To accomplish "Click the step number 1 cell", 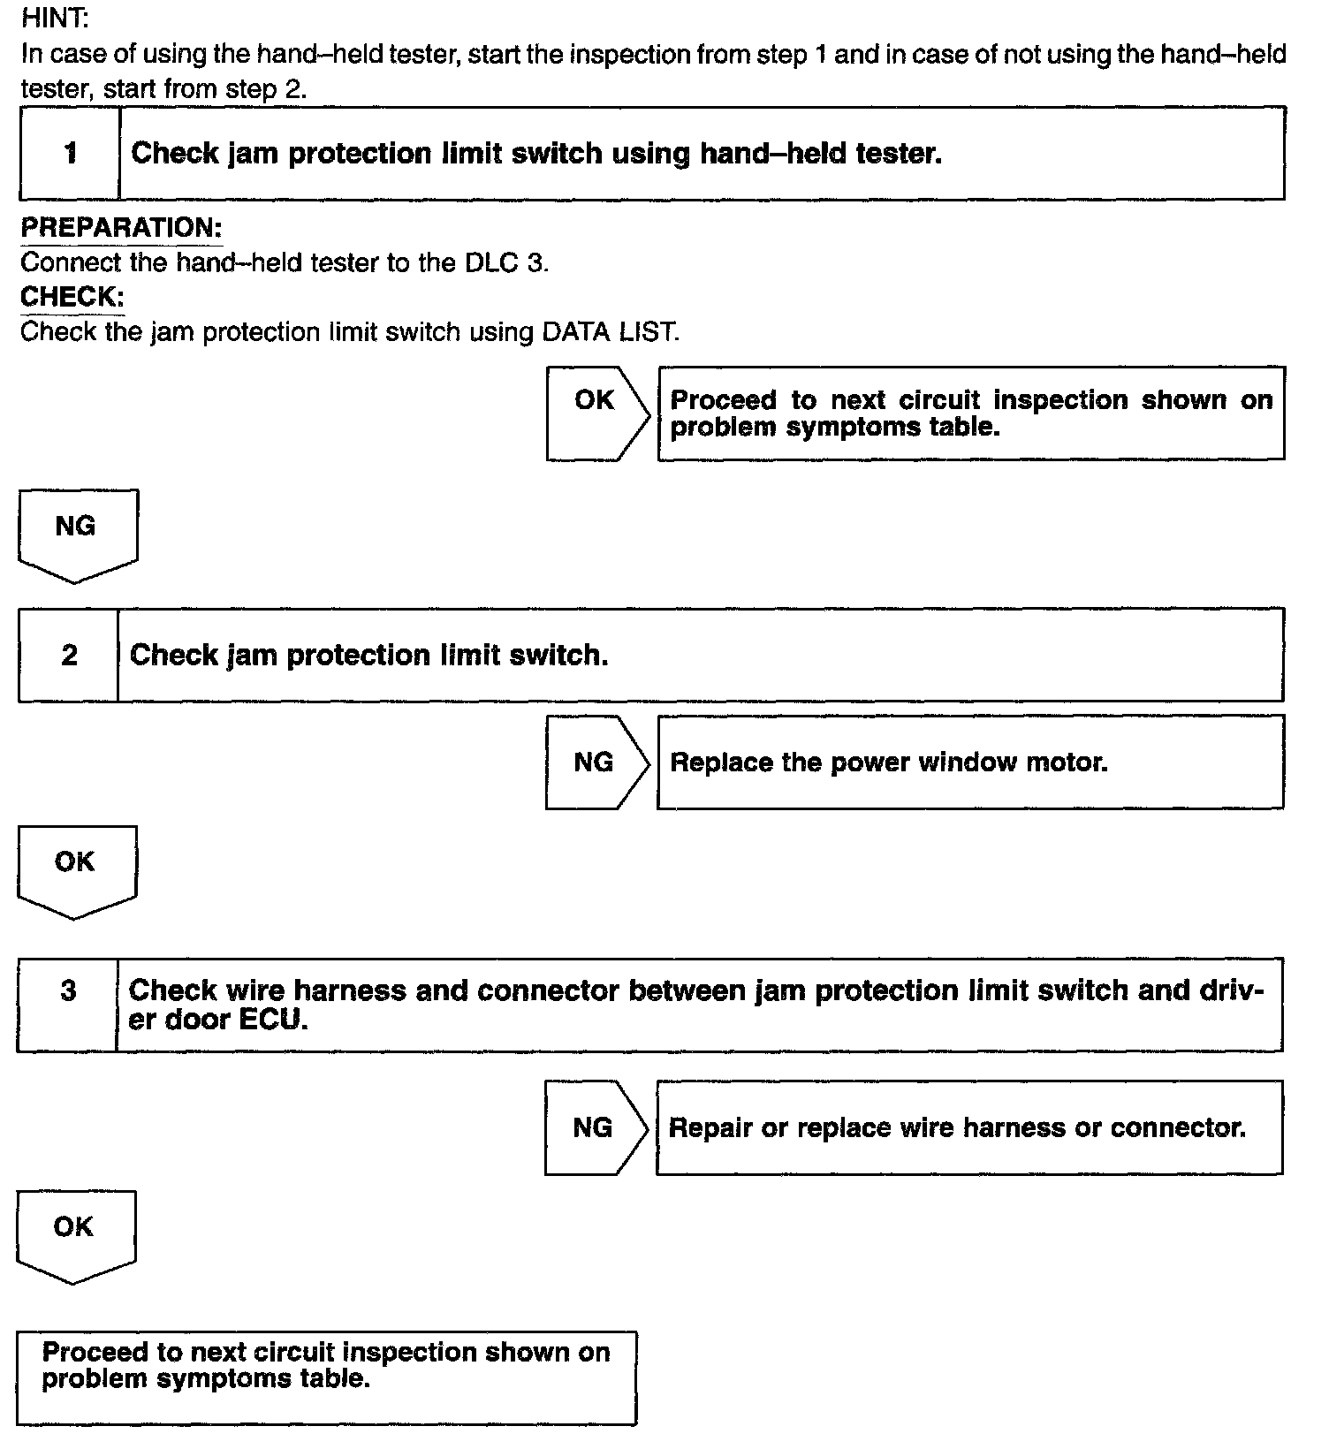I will click(70, 154).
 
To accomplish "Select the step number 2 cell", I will click(69, 656).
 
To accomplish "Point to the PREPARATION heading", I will click(121, 227).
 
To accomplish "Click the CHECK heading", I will click(72, 297).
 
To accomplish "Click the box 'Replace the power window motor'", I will click(969, 762).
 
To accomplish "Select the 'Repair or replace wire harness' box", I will click(968, 1127).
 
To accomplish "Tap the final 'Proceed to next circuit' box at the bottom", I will click(327, 1377).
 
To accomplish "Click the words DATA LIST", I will click(610, 332).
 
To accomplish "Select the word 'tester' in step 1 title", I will click(899, 154).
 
